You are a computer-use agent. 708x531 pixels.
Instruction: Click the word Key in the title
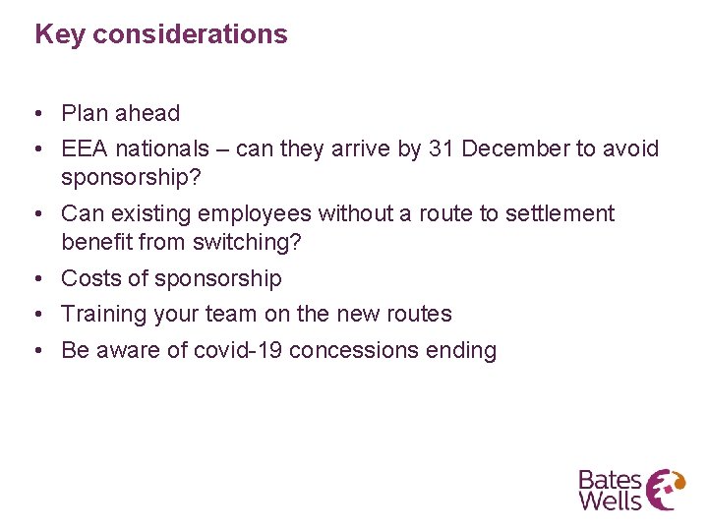pos(58,34)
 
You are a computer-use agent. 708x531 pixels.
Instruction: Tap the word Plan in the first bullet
pos(84,113)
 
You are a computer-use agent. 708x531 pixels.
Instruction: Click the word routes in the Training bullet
pos(419,314)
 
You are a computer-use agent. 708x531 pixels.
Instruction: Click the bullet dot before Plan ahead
pos(41,114)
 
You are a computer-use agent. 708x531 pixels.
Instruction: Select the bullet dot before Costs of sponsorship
pos(41,279)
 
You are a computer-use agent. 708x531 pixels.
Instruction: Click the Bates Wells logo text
pos(610,490)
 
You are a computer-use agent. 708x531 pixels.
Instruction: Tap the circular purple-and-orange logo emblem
pos(668,489)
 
